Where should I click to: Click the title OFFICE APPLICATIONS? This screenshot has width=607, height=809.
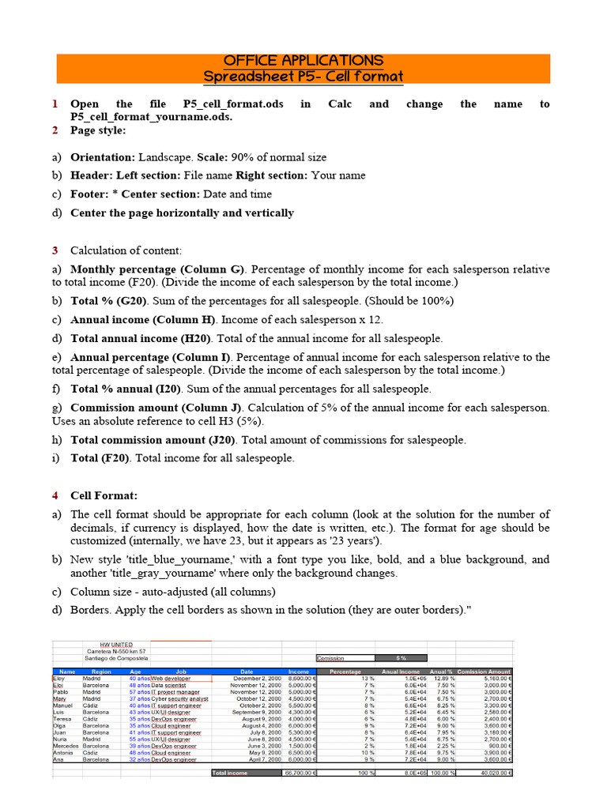pyautogui.click(x=303, y=61)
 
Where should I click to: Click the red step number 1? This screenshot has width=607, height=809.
pyautogui.click(x=55, y=104)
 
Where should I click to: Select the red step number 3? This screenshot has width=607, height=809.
pyautogui.click(x=55, y=250)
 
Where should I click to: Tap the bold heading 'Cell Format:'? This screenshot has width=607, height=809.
pyautogui.click(x=104, y=495)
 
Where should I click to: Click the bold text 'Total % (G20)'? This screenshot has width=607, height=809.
pyautogui.click(x=111, y=301)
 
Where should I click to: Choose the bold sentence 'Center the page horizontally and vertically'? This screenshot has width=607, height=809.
pyautogui.click(x=182, y=213)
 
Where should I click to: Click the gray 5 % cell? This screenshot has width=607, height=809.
pyautogui.click(x=401, y=657)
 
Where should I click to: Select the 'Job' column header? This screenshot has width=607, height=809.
pyautogui.click(x=180, y=672)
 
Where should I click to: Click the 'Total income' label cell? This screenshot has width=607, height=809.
pyautogui.click(x=231, y=773)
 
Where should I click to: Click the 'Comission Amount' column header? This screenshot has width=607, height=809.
pyautogui.click(x=484, y=672)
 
